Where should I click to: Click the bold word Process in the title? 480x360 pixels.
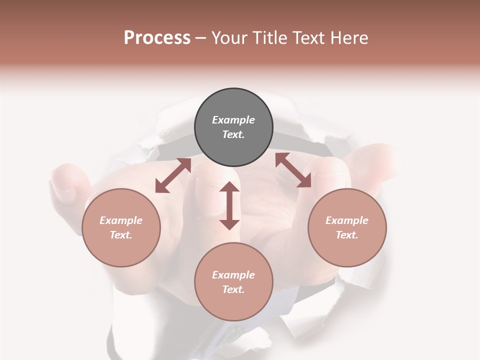pos(157,38)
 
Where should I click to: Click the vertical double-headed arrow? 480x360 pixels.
pos(229,205)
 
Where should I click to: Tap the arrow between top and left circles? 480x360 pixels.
pos(173,175)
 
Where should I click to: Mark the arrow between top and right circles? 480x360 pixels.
pos(293,170)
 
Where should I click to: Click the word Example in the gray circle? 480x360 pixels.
pos(233,120)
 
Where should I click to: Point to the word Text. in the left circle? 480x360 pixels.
pos(121,235)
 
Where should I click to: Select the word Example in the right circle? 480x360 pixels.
pos(347,220)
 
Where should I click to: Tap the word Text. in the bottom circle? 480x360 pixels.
pos(233,289)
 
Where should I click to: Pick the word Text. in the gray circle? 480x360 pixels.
pos(233,134)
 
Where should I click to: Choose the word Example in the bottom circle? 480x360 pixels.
pos(233,275)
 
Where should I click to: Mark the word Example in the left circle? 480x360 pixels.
pos(121,220)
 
